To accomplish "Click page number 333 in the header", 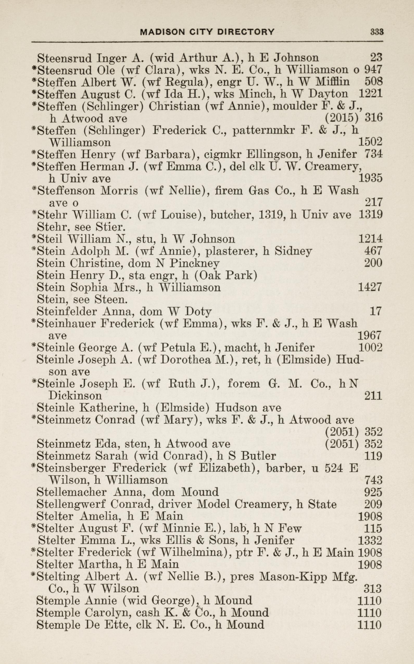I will [x=377, y=32].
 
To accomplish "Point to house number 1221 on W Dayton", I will [x=370, y=94].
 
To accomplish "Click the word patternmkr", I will [x=264, y=130].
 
